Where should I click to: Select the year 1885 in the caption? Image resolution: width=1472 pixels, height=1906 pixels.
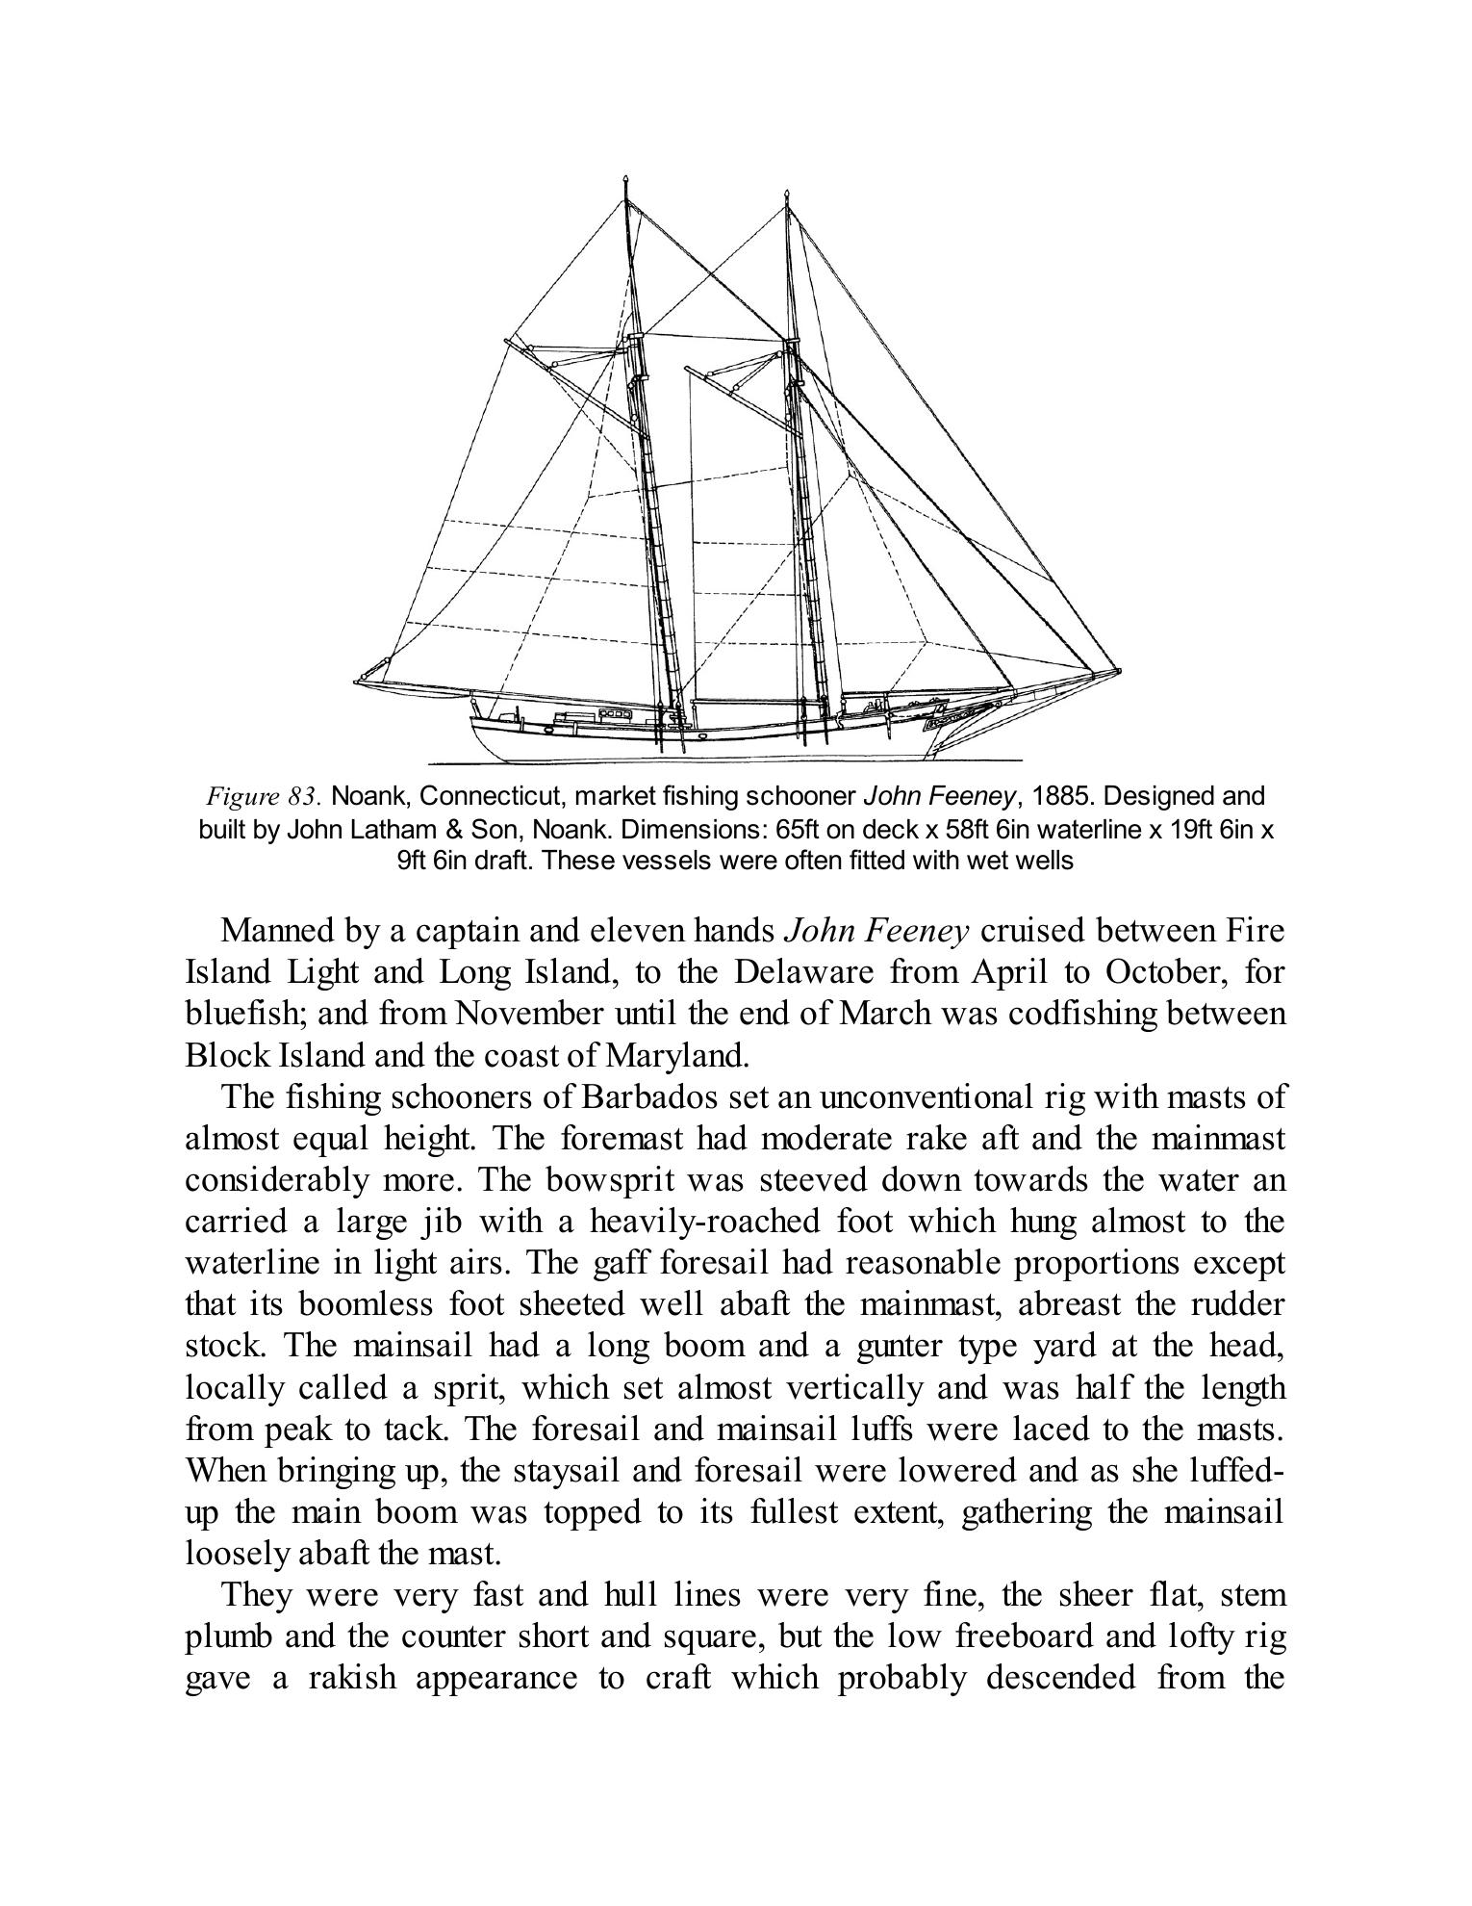(1065, 796)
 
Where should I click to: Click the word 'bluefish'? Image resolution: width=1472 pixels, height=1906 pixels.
(243, 1015)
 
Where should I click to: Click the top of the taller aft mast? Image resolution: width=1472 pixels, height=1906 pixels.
(626, 180)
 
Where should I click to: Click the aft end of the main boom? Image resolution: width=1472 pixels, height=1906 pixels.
(356, 683)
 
